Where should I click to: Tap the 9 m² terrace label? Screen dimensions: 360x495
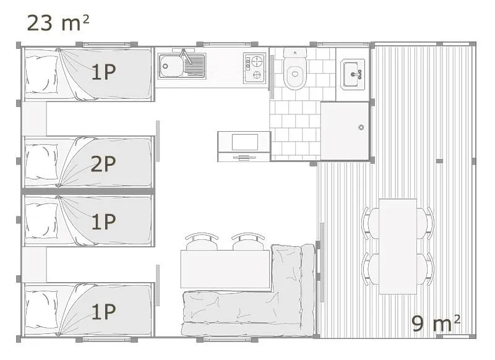pos(436,322)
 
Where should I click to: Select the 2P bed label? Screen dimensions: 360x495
pos(103,164)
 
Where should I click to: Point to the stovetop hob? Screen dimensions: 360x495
pos(254,67)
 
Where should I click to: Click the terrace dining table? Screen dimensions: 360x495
pos(397,246)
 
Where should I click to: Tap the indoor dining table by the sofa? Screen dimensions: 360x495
pos(225,269)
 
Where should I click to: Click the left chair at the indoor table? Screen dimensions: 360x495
pos(200,241)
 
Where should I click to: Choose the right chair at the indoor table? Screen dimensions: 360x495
pos(245,241)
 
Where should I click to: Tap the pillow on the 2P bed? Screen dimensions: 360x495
pos(41,162)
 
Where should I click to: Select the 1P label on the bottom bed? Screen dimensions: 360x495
pos(103,312)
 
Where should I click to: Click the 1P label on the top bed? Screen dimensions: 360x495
pos(103,72)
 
